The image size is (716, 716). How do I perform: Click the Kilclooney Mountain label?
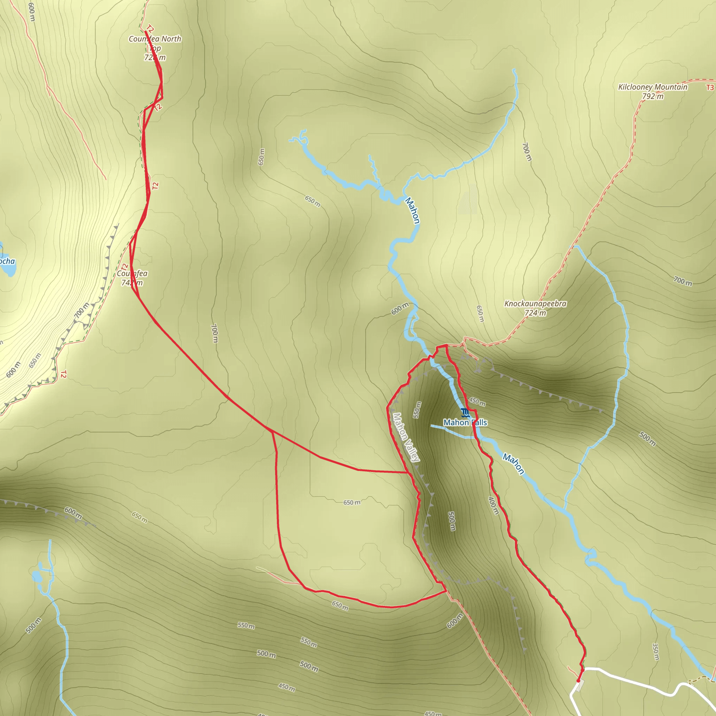coord(653,87)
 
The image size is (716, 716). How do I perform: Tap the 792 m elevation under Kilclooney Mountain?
coord(653,96)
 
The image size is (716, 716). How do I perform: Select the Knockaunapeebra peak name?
coord(535,303)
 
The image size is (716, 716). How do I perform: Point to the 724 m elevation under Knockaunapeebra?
coord(535,313)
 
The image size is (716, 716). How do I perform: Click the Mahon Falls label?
coord(465,422)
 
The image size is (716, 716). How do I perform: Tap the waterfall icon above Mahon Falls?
coord(465,413)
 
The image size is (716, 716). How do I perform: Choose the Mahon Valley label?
coord(406,437)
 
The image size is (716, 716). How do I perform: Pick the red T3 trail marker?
coord(709,87)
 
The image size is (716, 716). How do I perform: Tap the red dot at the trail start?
coord(578,681)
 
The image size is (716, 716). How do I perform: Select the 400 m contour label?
coord(494,506)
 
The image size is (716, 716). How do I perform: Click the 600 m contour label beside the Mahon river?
coord(400,308)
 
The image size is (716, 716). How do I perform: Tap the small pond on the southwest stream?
coord(36,577)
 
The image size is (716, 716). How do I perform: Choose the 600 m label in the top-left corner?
coord(31,11)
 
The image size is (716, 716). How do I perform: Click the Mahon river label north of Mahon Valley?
coord(412,210)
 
